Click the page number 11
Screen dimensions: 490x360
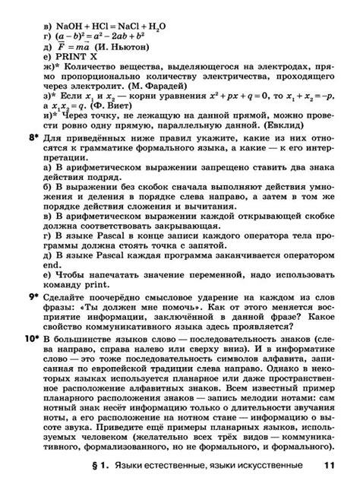click(x=328, y=466)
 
